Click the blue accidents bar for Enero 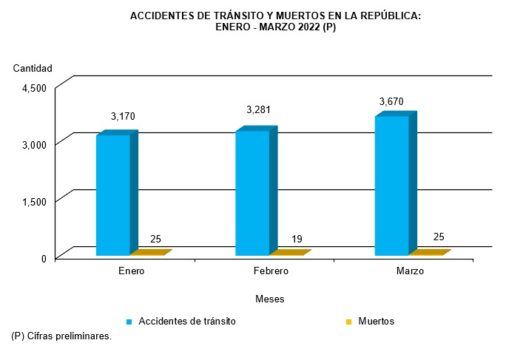(x=113, y=195)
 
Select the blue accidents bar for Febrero (x=252, y=193)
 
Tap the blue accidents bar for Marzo (x=392, y=186)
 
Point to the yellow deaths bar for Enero (x=150, y=253)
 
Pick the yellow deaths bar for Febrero (x=289, y=253)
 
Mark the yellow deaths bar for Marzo (x=429, y=253)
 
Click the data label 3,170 (x=123, y=116)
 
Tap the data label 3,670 (x=391, y=101)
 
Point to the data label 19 (x=297, y=239)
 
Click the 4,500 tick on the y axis (x=34, y=87)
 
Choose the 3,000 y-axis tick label (x=34, y=144)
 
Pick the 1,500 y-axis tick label (x=34, y=201)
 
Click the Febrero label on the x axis (x=270, y=271)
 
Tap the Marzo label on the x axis (x=409, y=271)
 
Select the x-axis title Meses (x=269, y=299)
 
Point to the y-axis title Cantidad (x=33, y=69)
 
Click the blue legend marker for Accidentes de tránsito (x=129, y=322)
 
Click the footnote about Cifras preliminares (x=61, y=336)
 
